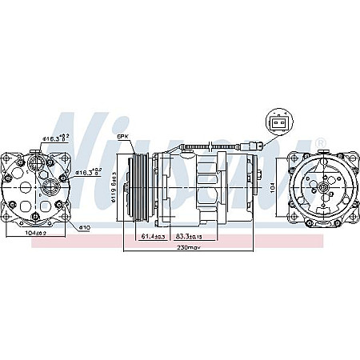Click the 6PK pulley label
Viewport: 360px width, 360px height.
(x=123, y=137)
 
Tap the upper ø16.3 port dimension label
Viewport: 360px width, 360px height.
(x=55, y=140)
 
